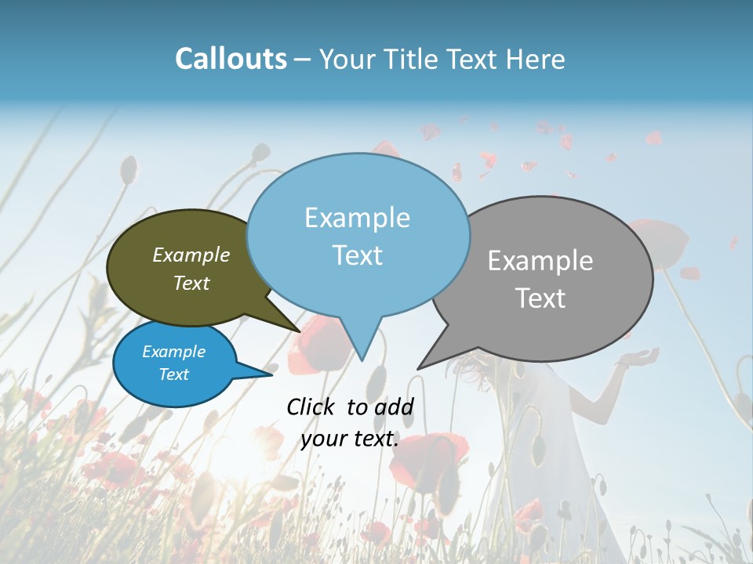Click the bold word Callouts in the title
pos(231,59)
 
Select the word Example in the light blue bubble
pos(357,218)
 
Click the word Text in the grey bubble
pos(540,298)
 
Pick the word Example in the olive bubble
pos(191,255)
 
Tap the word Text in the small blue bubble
pos(173,374)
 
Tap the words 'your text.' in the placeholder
pos(350,439)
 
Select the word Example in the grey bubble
pos(540,260)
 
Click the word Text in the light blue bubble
pos(357,255)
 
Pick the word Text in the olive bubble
pos(191,283)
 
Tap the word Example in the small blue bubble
pos(173,352)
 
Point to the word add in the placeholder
pos(394,407)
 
